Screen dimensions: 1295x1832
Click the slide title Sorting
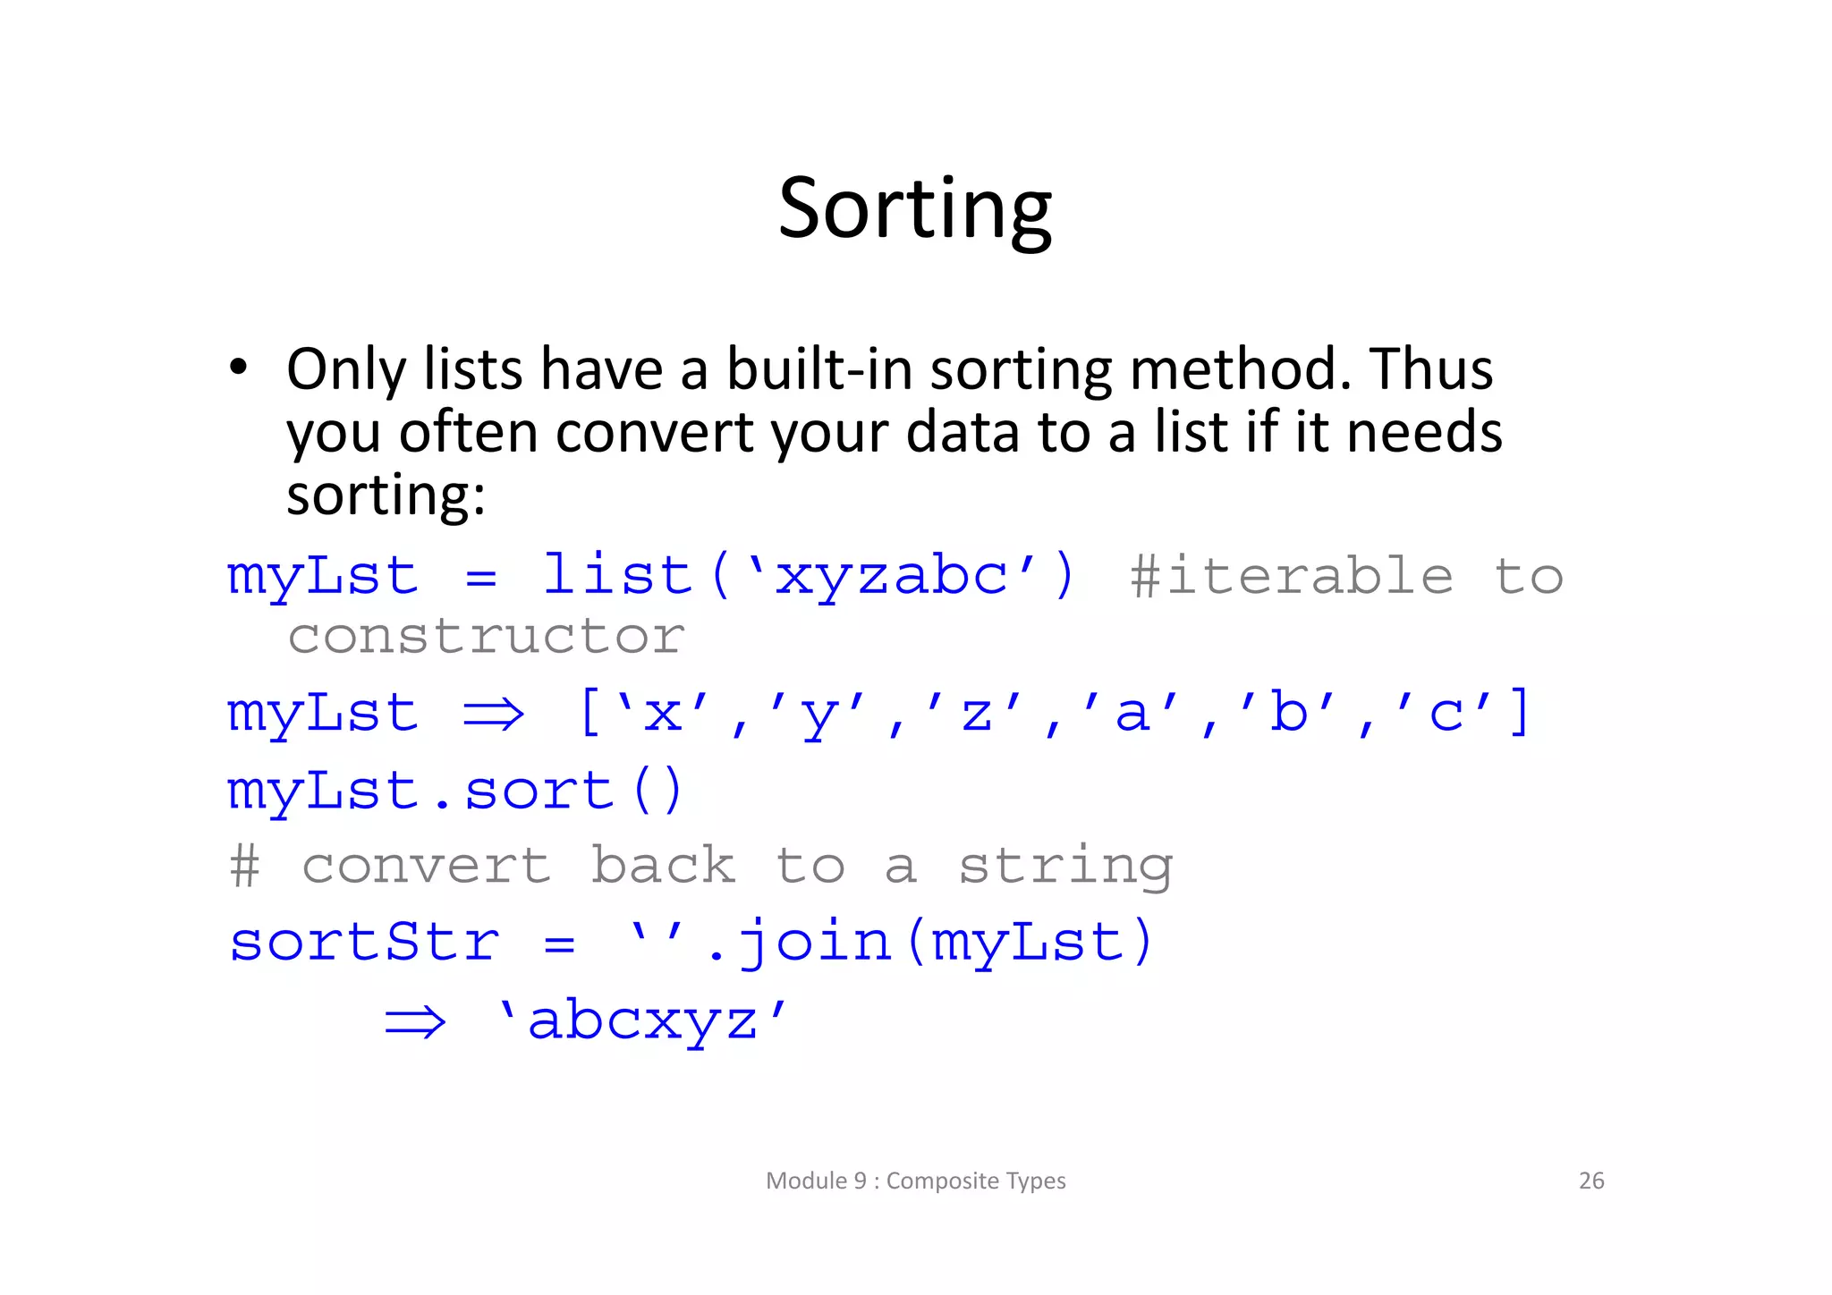click(914, 208)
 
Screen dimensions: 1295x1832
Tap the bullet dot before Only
click(238, 368)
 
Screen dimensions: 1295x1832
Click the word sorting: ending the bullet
click(386, 495)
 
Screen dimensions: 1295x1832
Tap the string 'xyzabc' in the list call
click(891, 575)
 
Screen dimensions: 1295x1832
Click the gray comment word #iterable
click(1291, 576)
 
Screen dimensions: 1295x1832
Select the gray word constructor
click(486, 637)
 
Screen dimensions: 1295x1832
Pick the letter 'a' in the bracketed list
click(1132, 714)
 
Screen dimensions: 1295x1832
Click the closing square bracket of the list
click(1520, 712)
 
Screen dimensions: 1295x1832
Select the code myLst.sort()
click(455, 791)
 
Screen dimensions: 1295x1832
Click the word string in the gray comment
click(1064, 867)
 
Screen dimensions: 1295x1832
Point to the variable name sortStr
click(364, 943)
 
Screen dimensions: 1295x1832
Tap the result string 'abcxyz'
click(643, 1020)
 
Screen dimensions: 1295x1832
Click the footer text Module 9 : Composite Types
click(915, 1181)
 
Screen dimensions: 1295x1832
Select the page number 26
click(1590, 1181)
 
